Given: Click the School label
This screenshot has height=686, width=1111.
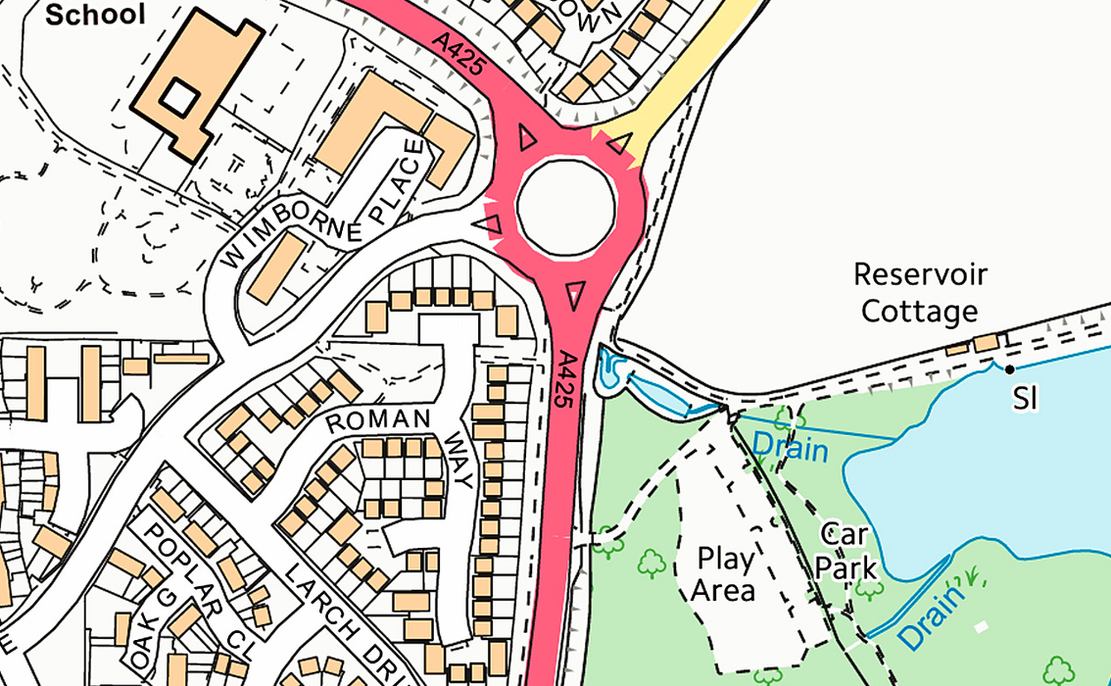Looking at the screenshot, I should point(96,14).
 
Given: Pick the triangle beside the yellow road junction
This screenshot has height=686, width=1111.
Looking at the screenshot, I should point(618,142).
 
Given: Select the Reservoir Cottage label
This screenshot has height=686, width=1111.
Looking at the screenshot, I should point(920,292).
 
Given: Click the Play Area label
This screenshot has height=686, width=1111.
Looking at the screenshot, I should point(725,575).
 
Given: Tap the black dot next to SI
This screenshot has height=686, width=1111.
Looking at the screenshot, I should point(1010,369).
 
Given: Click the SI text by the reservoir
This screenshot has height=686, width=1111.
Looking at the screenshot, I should point(1025,399).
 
